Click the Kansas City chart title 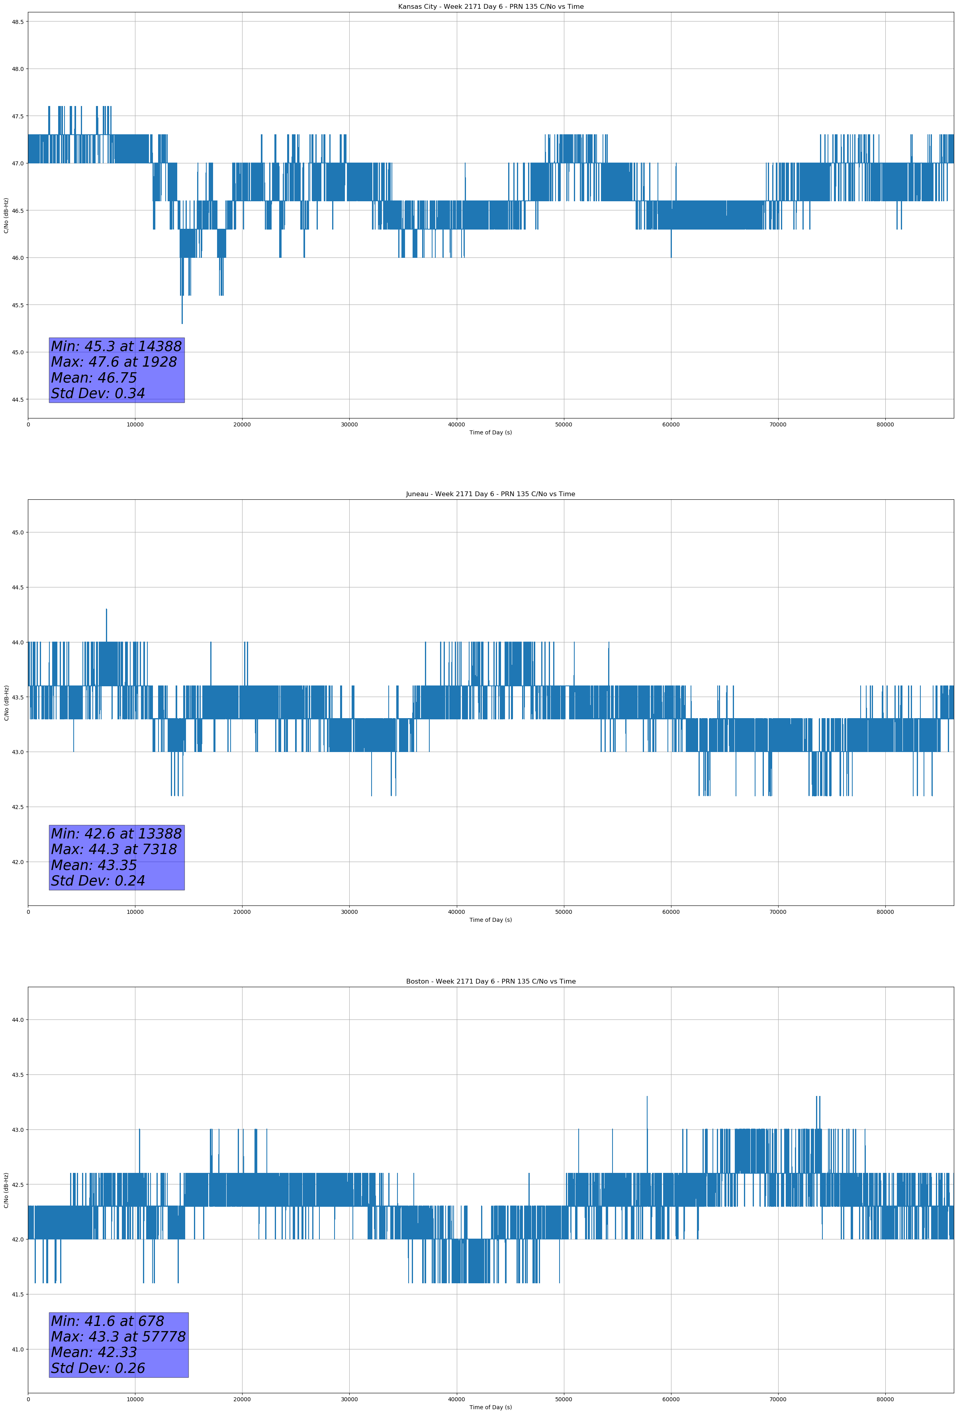click(490, 7)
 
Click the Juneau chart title click(490, 494)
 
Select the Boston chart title click(490, 982)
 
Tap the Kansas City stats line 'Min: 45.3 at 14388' click(116, 346)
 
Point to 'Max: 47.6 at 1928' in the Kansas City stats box click(114, 362)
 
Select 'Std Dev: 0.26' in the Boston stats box click(98, 1368)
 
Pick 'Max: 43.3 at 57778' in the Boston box click(118, 1337)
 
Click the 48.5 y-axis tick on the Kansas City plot click(18, 22)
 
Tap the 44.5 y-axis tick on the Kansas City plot click(18, 399)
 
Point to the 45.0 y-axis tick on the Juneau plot click(18, 532)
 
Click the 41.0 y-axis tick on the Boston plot click(18, 1349)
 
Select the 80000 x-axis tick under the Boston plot click(885, 1399)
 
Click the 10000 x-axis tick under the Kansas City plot click(135, 425)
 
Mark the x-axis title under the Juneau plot click(490, 920)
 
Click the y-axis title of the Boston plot click(6, 1190)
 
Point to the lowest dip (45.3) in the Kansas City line click(182, 322)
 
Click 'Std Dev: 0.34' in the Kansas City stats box click(98, 394)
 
